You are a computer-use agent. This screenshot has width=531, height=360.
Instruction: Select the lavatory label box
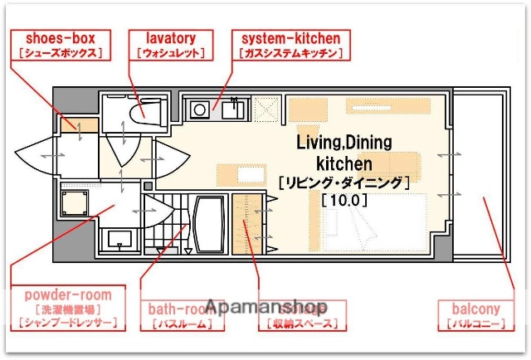[171, 45]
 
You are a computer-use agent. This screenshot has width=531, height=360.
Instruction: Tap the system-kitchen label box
[290, 45]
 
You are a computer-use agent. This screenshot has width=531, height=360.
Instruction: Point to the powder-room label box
[68, 308]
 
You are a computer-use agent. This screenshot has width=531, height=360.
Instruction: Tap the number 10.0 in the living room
[343, 199]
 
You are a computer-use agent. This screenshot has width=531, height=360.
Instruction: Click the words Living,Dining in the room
[343, 143]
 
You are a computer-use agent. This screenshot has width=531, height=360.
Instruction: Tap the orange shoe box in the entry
[84, 127]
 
